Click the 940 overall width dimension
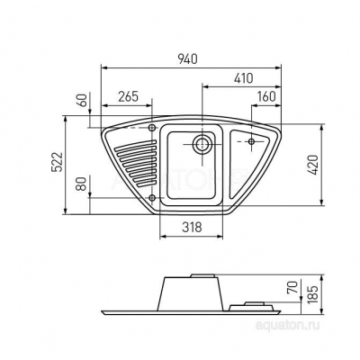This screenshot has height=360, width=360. [189, 58]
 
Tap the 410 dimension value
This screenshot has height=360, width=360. [244, 78]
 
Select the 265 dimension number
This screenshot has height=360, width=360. [128, 96]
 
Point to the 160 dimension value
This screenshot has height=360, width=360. [266, 96]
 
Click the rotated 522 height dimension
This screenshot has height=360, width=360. [58, 162]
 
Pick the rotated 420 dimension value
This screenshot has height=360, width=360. [312, 165]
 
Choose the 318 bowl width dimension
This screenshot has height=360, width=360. [192, 227]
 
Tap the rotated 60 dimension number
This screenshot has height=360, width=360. [83, 100]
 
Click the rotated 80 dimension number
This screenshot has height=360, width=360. [83, 184]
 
